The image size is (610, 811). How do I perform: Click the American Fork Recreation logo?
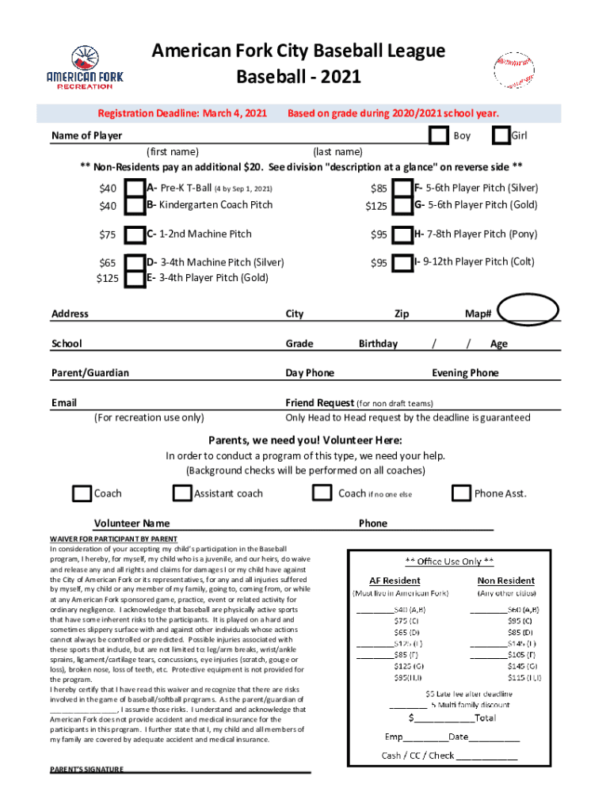coord(85,68)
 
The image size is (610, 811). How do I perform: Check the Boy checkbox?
coord(439,136)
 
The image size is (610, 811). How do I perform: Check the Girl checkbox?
coord(501,136)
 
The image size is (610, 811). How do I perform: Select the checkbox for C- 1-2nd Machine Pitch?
coord(136,234)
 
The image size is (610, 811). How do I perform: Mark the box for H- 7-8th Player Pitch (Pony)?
coord(402,234)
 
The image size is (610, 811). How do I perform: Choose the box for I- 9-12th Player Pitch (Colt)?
coord(402,262)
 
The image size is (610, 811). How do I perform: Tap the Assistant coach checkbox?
coord(182,493)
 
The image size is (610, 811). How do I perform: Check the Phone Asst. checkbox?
coord(461,493)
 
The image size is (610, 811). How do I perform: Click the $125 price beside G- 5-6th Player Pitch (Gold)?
coord(376,206)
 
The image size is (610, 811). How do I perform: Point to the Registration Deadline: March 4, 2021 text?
coord(181,113)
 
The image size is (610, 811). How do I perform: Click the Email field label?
coord(64,402)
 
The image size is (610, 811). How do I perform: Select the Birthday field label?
coord(378,344)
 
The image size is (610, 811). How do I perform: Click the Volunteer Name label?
coord(132,523)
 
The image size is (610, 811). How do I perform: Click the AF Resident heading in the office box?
coord(395,581)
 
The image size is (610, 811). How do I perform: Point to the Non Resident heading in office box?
coord(505,581)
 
